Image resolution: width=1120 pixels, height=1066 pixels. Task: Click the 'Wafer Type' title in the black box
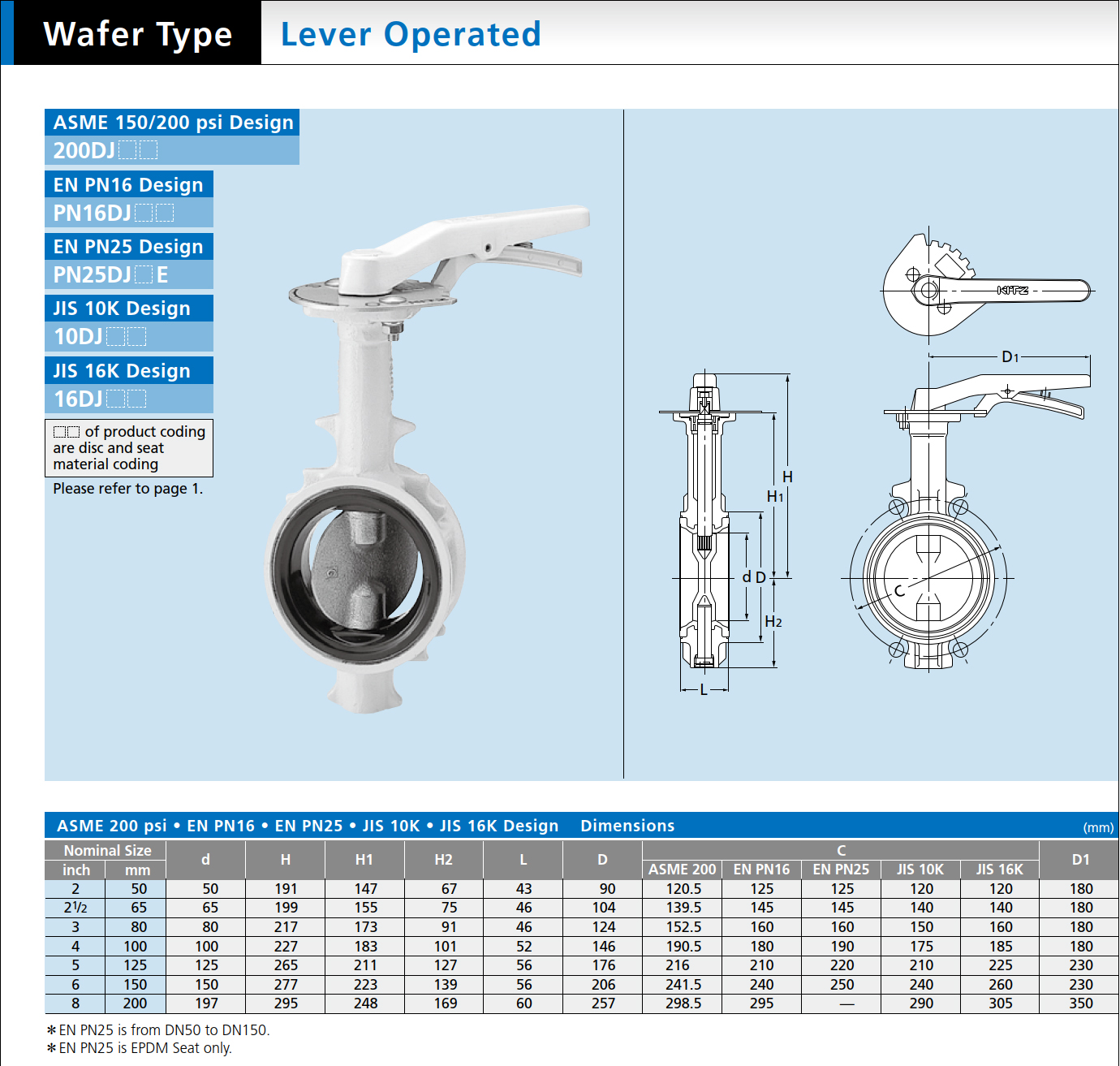(x=138, y=34)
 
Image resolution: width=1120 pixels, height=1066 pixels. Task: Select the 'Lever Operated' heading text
(x=411, y=34)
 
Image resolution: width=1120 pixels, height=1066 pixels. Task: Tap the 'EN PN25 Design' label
(x=128, y=246)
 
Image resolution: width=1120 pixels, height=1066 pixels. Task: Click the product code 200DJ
(x=84, y=150)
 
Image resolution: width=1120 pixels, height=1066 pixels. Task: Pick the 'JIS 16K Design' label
(x=122, y=370)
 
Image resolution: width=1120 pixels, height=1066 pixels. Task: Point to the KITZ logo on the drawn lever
(x=1013, y=290)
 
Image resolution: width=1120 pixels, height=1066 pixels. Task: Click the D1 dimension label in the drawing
(x=1010, y=357)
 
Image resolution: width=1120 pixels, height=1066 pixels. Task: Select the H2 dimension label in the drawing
(x=773, y=621)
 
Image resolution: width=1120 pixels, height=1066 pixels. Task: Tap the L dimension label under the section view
(x=704, y=690)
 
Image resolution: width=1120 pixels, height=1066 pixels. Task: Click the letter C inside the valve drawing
(x=899, y=590)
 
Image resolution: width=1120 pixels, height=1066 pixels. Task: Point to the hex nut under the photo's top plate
(x=391, y=328)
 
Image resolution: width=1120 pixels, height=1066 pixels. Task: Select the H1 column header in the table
(x=364, y=859)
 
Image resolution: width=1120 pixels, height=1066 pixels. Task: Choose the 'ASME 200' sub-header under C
(x=682, y=870)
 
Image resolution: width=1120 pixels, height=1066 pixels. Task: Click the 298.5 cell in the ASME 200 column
(x=683, y=1003)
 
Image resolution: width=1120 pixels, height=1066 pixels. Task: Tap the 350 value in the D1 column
(x=1081, y=1003)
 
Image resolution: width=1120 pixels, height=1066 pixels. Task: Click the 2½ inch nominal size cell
(x=75, y=908)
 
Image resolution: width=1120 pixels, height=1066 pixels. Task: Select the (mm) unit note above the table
(x=1098, y=828)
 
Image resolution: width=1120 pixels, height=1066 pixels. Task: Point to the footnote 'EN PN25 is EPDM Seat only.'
(x=140, y=1048)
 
